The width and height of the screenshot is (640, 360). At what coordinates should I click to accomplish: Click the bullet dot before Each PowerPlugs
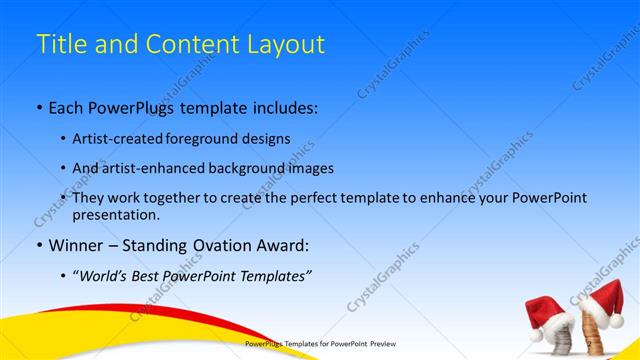tap(38, 106)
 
